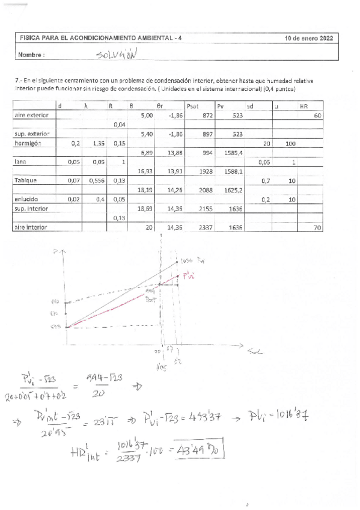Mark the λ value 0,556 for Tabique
(97, 180)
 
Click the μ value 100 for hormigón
(290, 144)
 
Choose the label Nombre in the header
(32, 54)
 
